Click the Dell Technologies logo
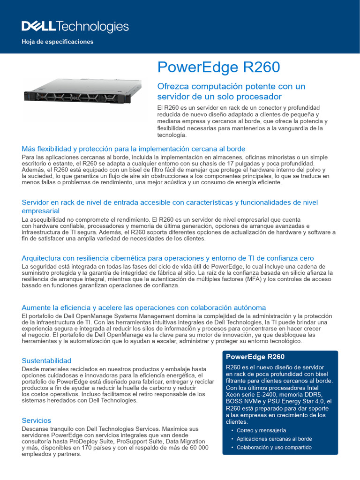75,27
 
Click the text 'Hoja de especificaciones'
58,42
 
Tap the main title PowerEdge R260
218,67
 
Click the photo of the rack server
83,91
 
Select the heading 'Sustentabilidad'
46,360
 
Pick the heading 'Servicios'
37,420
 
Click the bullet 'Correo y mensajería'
261,430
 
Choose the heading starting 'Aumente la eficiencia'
144,307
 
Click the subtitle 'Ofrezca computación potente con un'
231,87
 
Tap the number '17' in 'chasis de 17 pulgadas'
232,164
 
